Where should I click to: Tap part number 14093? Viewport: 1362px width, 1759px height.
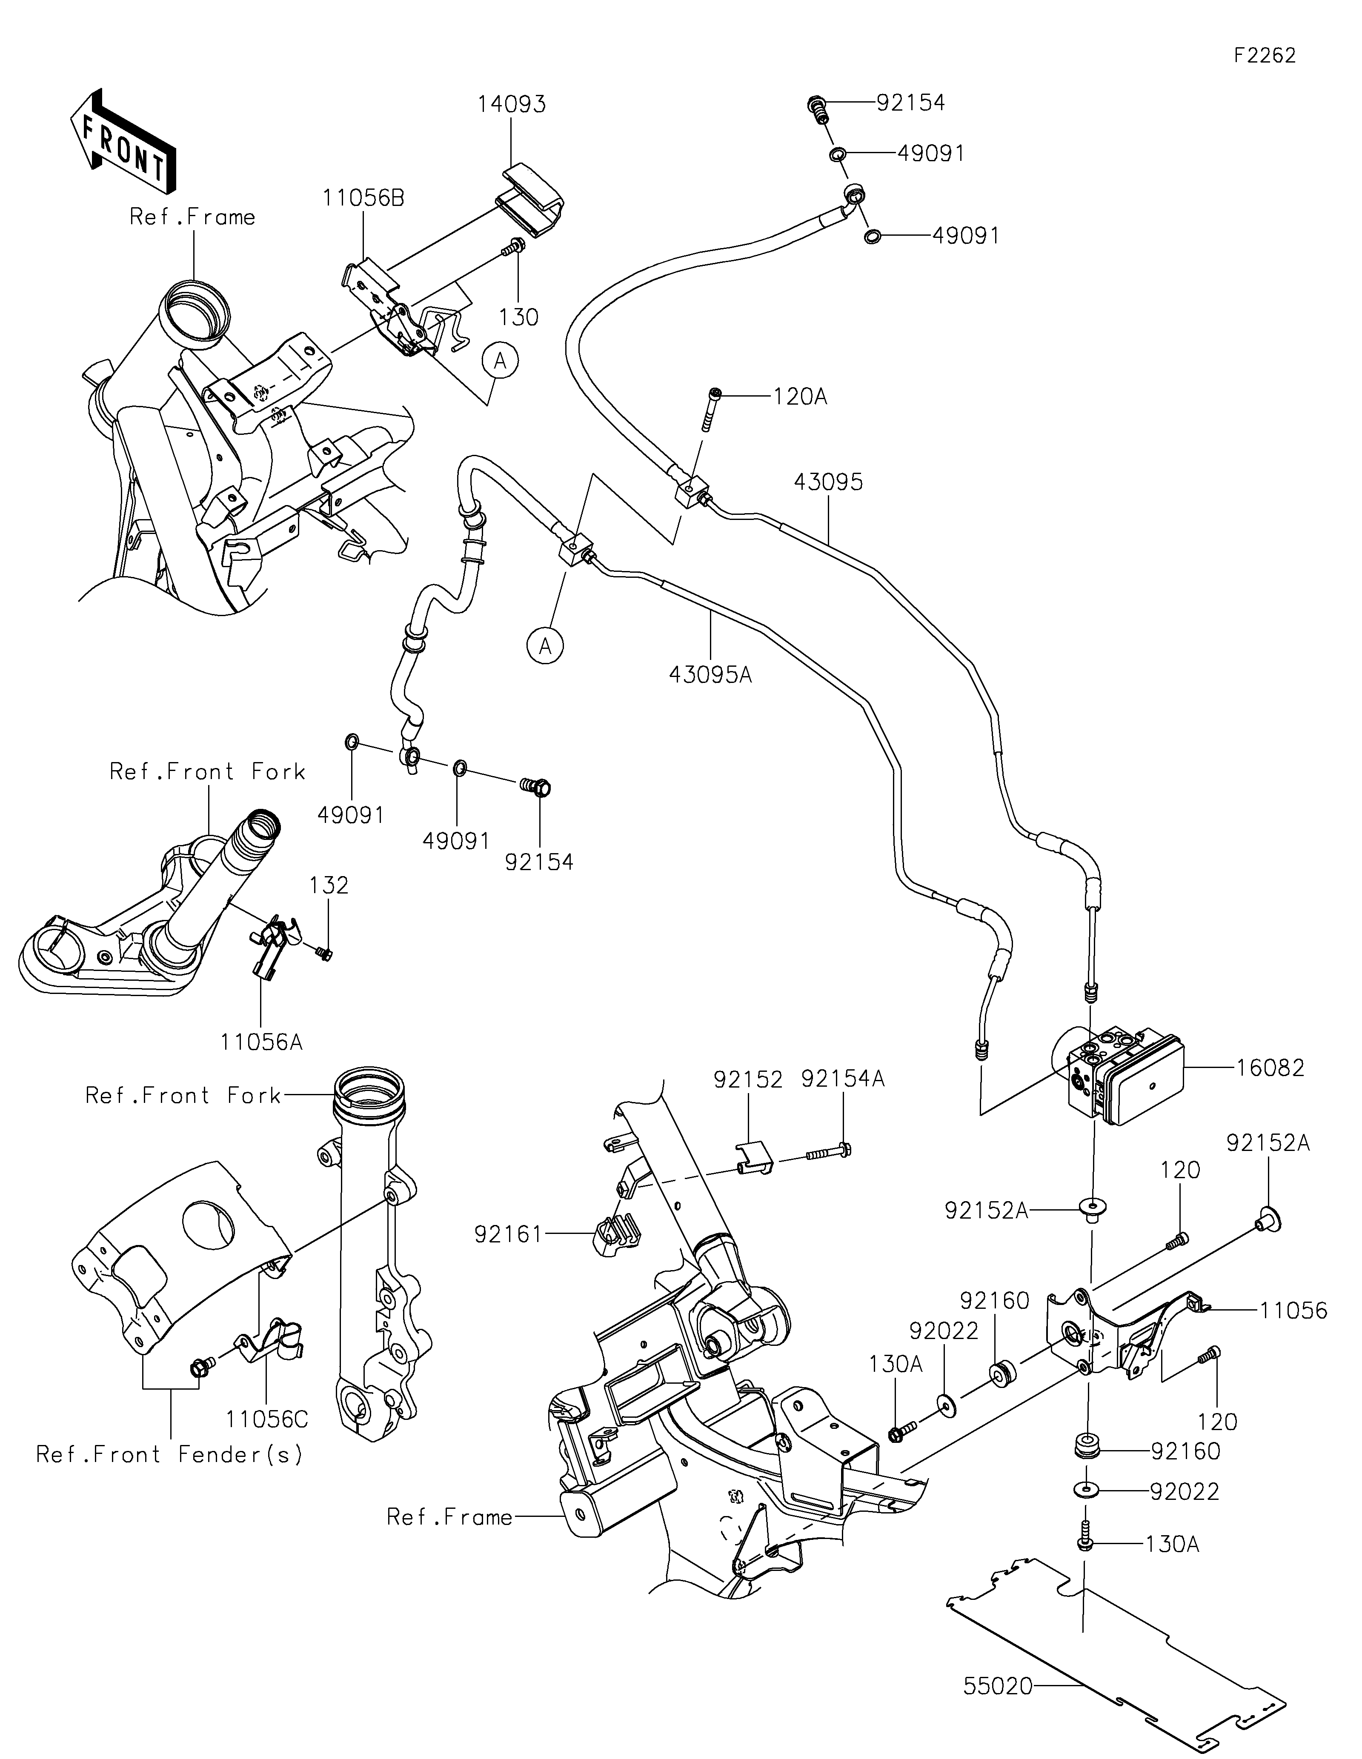[512, 105]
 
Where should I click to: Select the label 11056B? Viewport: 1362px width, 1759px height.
[364, 198]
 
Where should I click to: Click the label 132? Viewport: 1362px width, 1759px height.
[329, 885]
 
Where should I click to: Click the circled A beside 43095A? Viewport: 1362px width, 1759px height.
[546, 645]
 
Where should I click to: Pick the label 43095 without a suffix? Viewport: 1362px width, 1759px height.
[828, 482]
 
